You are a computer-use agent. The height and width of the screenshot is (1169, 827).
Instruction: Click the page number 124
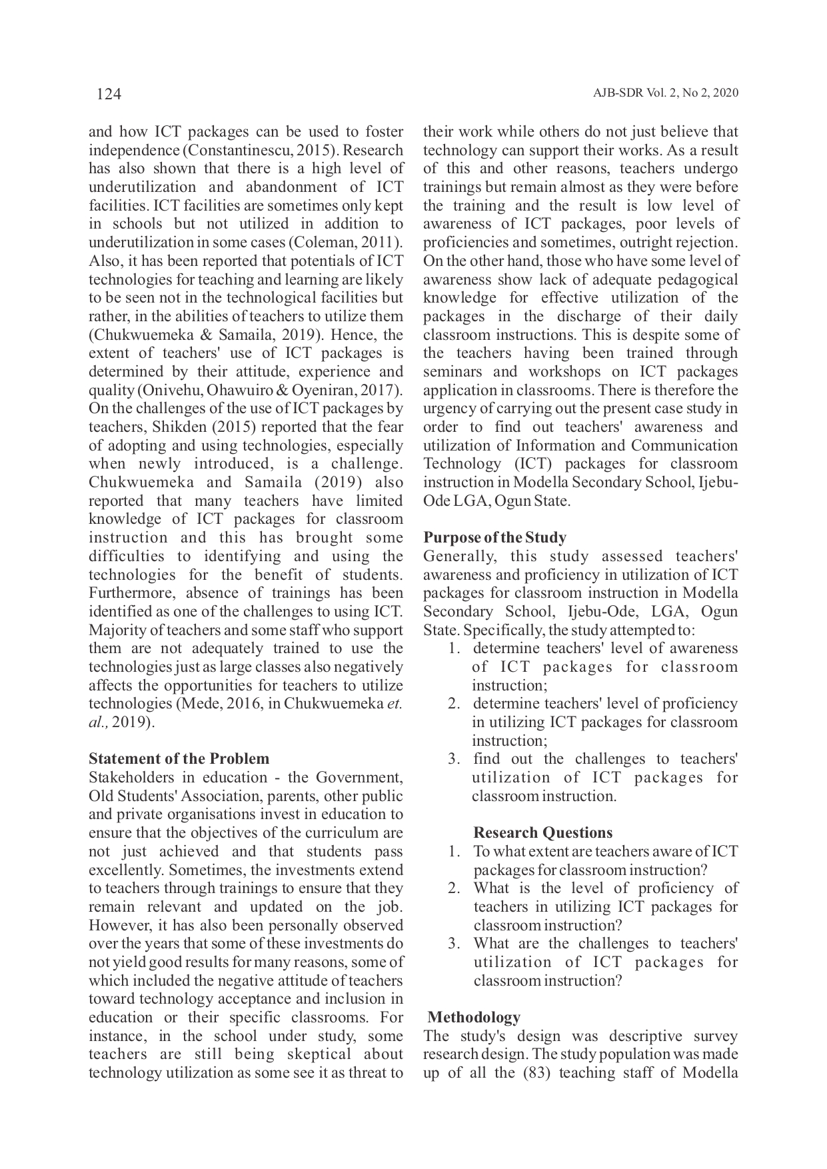[x=109, y=94]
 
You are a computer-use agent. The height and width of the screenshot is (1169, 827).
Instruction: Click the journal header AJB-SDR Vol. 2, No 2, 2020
[x=665, y=93]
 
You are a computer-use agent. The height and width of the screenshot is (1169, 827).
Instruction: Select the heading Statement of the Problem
[x=179, y=758]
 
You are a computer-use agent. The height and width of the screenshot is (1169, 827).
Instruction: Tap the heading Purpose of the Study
[x=494, y=537]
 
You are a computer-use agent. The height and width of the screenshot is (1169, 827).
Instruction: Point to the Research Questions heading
[x=542, y=832]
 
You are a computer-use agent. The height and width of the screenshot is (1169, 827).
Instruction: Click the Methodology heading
[x=474, y=1017]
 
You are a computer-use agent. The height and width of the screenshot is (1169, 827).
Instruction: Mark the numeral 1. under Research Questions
[x=454, y=851]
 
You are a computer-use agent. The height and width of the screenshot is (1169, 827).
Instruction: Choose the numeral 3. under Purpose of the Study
[x=454, y=759]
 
